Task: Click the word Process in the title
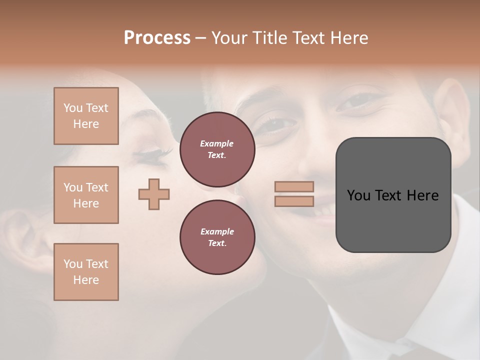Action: [157, 38]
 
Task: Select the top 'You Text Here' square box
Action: [86, 116]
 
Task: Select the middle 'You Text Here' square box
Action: [86, 195]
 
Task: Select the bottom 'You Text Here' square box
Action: [86, 272]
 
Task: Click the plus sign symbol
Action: [154, 194]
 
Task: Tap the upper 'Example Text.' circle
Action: [217, 149]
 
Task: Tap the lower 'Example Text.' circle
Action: [217, 237]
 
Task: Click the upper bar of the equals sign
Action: [294, 186]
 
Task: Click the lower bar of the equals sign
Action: [294, 201]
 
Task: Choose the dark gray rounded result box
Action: [393, 195]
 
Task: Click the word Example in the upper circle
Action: [217, 143]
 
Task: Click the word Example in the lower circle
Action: [217, 231]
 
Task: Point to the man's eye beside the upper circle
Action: [276, 124]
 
